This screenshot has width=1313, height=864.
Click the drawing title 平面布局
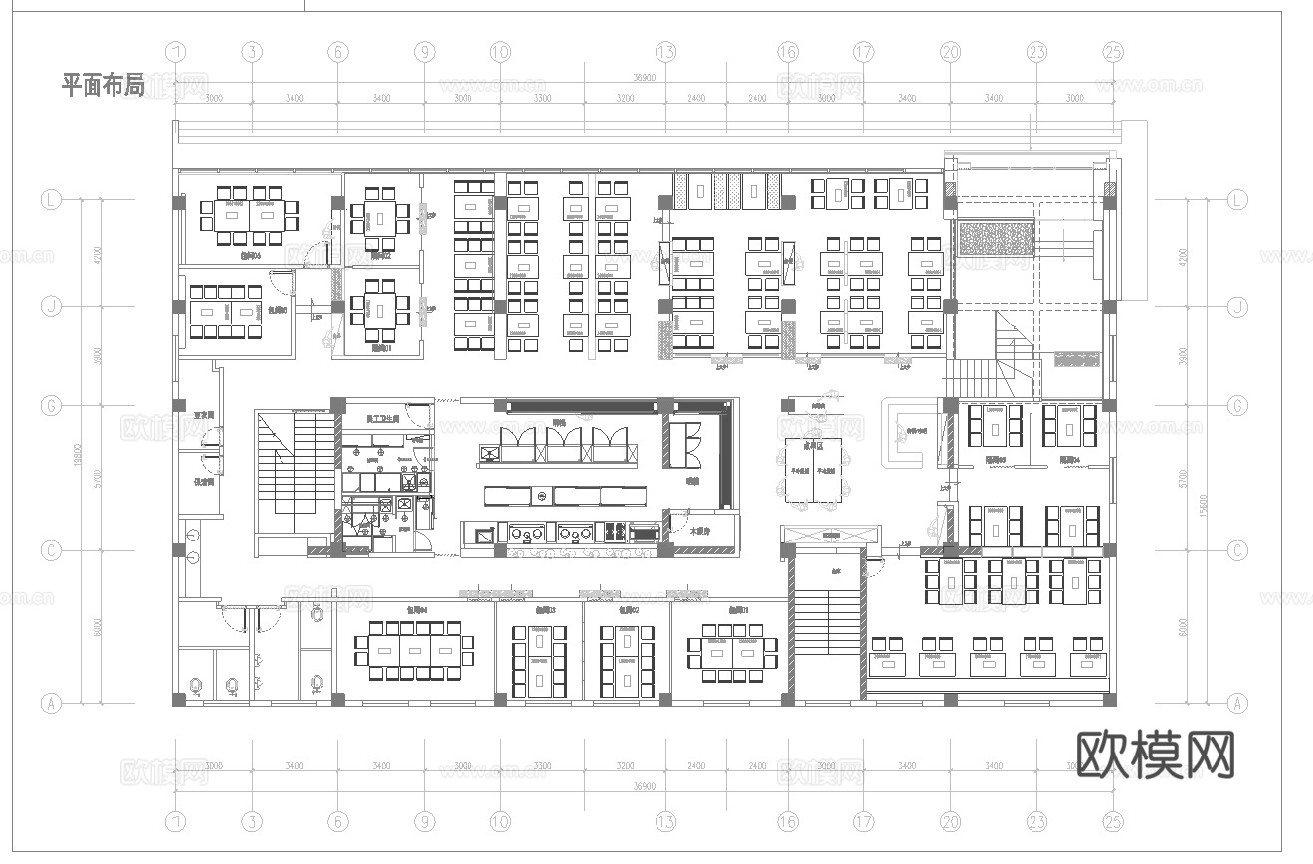pos(103,85)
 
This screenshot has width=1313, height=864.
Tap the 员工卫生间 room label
pos(382,419)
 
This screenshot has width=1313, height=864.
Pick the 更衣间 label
pos(204,416)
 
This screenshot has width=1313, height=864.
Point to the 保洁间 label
pos(204,481)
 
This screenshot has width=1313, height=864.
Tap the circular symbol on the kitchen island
pos(542,495)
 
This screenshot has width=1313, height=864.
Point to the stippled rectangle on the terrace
pos(995,239)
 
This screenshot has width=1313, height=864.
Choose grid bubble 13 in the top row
pos(665,52)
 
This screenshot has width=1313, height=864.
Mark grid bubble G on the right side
pos(1237,406)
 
